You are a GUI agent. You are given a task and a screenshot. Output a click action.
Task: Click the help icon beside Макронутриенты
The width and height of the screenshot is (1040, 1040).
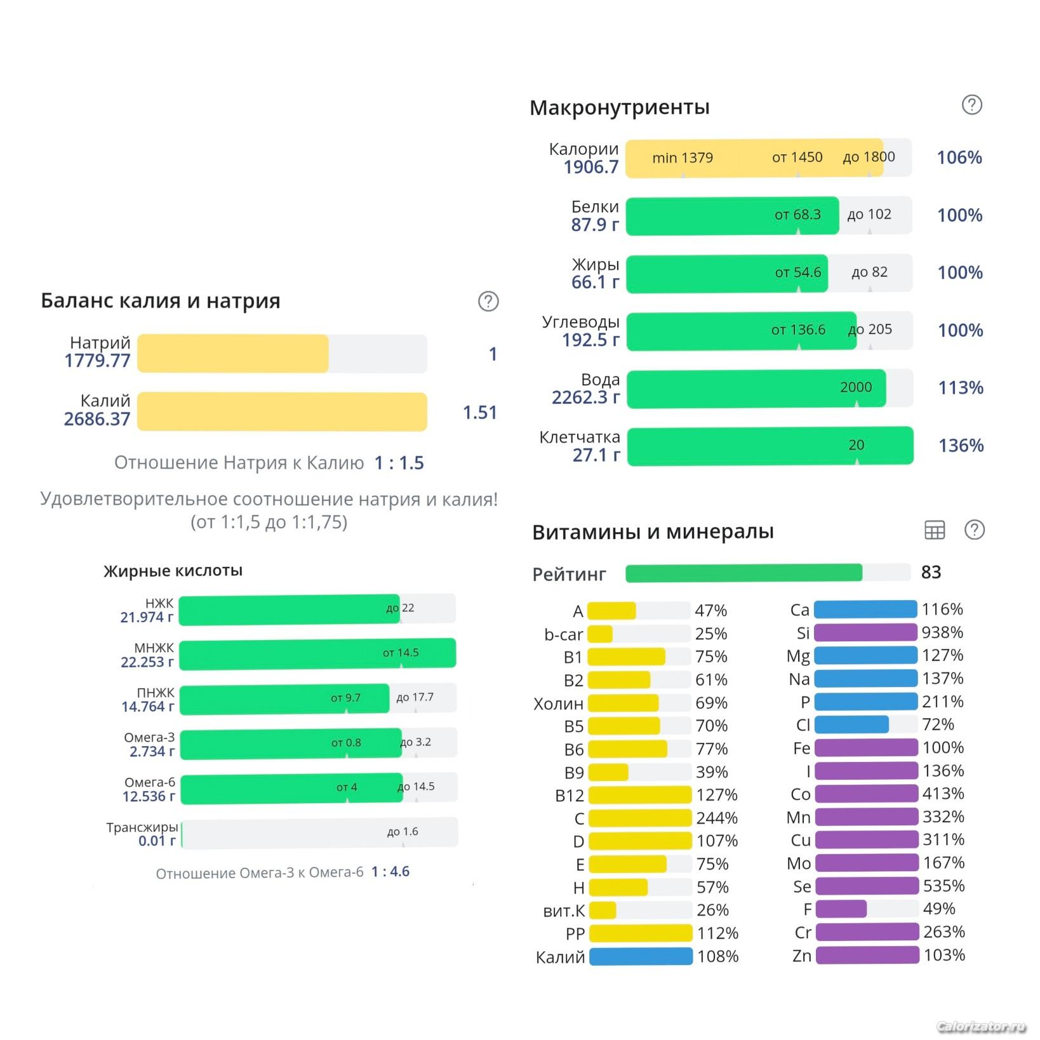click(x=971, y=105)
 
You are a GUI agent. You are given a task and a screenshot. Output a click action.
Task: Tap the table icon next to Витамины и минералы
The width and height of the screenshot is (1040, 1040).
click(x=934, y=530)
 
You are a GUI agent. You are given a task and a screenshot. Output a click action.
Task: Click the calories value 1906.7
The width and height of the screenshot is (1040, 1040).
click(x=590, y=167)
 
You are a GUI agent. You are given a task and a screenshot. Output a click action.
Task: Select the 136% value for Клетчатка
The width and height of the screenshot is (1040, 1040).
click(x=961, y=446)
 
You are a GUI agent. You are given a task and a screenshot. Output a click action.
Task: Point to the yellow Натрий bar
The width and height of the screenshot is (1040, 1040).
click(x=233, y=354)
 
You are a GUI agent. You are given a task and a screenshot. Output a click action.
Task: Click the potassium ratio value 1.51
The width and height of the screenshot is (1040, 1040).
click(x=479, y=413)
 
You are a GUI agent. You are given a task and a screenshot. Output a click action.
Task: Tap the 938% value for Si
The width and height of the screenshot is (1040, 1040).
click(x=942, y=632)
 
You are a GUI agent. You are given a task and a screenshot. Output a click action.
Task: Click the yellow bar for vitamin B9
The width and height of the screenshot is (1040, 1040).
click(x=608, y=772)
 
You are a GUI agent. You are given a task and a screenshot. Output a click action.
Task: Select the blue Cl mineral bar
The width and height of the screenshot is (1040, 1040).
click(x=851, y=724)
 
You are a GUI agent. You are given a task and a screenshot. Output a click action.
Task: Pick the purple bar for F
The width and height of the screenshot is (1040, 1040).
click(x=841, y=909)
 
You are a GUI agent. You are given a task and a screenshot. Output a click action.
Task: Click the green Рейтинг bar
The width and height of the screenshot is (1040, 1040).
click(x=743, y=573)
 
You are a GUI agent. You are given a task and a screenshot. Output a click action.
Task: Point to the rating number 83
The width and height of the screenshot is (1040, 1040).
click(x=931, y=573)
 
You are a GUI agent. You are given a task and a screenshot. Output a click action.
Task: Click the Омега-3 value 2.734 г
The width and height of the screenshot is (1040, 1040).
click(x=152, y=752)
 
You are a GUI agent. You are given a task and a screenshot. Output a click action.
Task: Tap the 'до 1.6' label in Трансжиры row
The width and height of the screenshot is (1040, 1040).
click(x=403, y=832)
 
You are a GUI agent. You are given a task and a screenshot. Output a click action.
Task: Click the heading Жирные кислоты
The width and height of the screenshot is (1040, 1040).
click(x=173, y=571)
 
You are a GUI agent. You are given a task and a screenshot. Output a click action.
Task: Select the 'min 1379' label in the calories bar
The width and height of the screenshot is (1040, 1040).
click(x=683, y=157)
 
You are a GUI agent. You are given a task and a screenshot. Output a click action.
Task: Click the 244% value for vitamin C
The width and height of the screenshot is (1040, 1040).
click(x=717, y=818)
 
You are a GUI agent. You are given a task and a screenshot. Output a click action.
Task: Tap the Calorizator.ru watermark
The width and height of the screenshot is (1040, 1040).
click(x=981, y=1027)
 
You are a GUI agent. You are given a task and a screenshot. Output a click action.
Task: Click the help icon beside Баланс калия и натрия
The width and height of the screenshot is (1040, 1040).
click(x=488, y=302)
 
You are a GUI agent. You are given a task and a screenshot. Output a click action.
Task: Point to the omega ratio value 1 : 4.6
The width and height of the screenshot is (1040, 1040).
click(x=390, y=872)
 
